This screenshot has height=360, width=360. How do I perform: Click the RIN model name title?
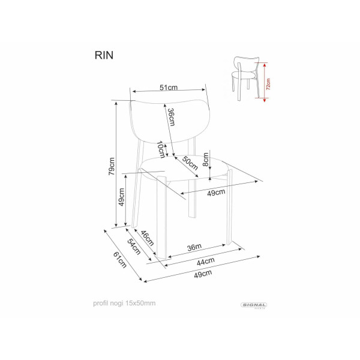coord(104,55)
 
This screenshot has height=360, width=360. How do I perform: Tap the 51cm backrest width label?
coord(169,88)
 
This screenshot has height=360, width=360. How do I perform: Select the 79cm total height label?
coord(112,166)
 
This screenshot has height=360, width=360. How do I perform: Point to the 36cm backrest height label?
coord(171,117)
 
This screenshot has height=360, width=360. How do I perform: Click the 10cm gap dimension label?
coord(161,149)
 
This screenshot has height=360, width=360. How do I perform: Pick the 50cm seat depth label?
coord(190,163)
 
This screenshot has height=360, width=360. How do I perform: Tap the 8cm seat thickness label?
coord(206,160)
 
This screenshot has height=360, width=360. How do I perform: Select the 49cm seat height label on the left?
coord(121,197)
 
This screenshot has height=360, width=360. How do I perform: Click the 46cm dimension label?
coord(147,238)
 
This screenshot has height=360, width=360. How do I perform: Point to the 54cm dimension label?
coord(134,247)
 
